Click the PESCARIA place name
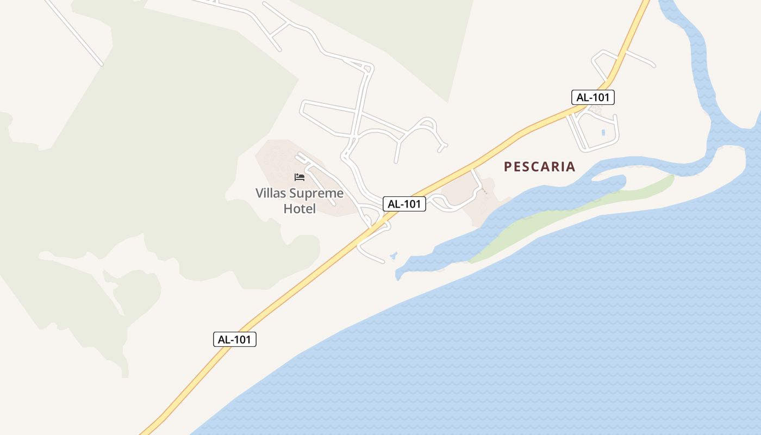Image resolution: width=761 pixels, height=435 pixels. click(539, 166)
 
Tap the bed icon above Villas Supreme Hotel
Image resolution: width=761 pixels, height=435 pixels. click(300, 177)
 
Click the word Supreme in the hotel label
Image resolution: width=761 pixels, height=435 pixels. click(316, 194)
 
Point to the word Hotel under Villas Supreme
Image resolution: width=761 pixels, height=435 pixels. click(300, 208)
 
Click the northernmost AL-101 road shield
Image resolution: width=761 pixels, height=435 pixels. click(593, 98)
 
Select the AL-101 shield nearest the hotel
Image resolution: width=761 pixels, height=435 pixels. click(404, 204)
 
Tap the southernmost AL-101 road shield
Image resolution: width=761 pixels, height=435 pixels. click(234, 339)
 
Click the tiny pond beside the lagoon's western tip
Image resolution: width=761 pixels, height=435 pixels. click(393, 255)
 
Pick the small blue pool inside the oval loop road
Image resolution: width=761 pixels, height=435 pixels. click(603, 132)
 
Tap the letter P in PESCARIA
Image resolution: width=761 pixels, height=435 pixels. click(508, 166)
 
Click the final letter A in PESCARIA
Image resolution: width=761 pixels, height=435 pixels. click(570, 166)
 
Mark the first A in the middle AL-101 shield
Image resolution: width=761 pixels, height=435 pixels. click(391, 204)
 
